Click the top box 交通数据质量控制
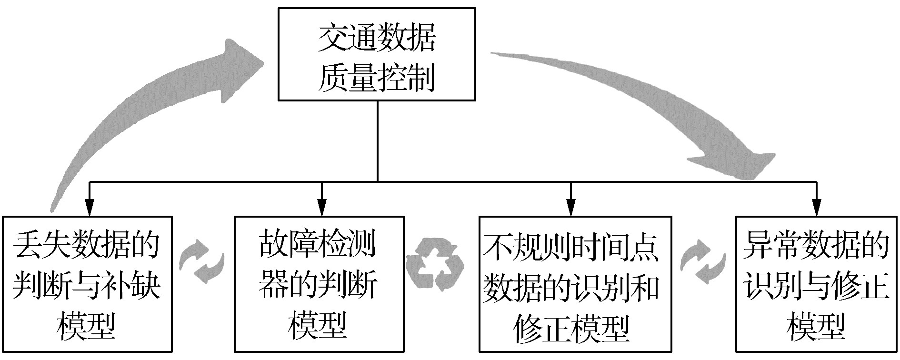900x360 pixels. click(377, 54)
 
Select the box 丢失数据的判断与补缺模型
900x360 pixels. click(87, 284)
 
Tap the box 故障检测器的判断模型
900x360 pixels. click(319, 284)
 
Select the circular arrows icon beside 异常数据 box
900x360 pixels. click(703, 261)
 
